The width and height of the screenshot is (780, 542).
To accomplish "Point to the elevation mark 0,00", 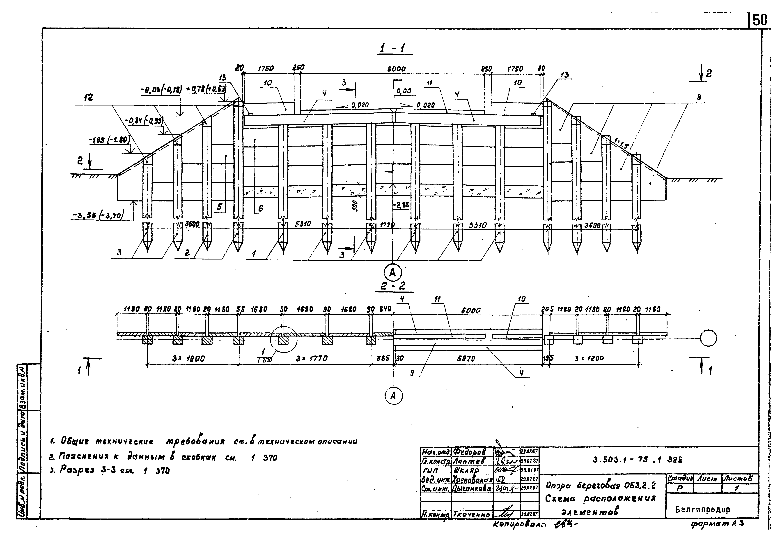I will (x=404, y=91).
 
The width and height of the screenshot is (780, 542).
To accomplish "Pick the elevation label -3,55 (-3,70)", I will (x=98, y=215).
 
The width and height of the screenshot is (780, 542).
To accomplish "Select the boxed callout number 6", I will (x=260, y=208).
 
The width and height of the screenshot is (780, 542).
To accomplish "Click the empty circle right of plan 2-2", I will (x=708, y=338).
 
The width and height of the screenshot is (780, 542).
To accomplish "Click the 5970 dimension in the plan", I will (x=466, y=358).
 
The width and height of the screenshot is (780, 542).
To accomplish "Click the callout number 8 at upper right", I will (x=699, y=98).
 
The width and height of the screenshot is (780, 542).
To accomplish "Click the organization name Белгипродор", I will (x=702, y=509).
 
